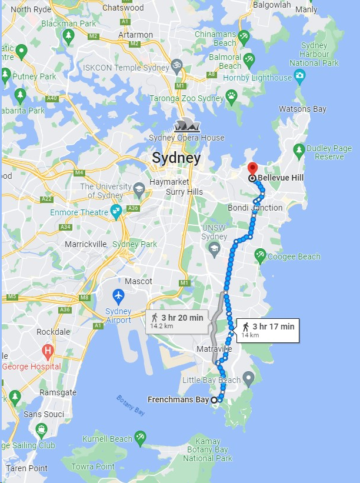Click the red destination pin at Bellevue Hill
click(x=252, y=168)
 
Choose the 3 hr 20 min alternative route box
click(x=176, y=321)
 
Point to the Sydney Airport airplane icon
click(x=118, y=295)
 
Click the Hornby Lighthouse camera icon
click(x=299, y=76)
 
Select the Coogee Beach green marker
click(x=260, y=256)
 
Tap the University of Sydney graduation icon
click(x=139, y=190)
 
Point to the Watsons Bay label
click(x=302, y=109)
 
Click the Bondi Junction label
click(x=255, y=208)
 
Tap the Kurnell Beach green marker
click(x=140, y=438)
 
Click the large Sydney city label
click(x=176, y=158)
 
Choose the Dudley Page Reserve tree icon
click(x=299, y=149)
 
